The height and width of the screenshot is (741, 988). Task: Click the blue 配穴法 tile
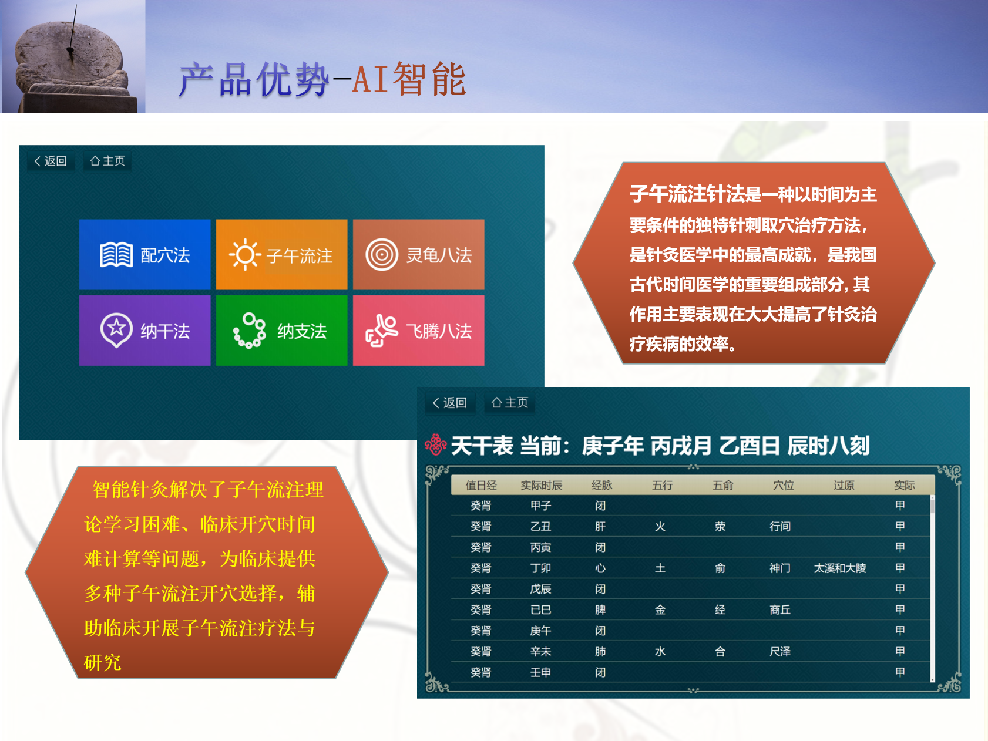(x=144, y=254)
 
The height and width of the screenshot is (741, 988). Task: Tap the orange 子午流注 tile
(x=281, y=254)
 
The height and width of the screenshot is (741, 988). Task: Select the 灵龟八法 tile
(x=418, y=254)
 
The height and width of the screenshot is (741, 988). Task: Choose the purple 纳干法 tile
(x=144, y=331)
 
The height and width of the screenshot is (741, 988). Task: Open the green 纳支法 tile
(x=281, y=331)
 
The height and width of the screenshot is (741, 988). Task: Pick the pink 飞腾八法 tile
(x=418, y=331)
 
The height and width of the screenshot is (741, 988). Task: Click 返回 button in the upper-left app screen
(x=51, y=161)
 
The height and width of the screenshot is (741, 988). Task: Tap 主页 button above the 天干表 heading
(x=509, y=403)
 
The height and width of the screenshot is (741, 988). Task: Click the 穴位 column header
(x=783, y=486)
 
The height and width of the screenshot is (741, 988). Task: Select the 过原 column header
(x=844, y=486)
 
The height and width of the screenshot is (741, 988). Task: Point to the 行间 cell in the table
(x=780, y=527)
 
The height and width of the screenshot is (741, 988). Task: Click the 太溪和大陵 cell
(x=840, y=568)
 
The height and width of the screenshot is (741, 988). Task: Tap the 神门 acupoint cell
(x=780, y=568)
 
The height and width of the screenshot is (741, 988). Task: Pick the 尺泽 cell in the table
(x=780, y=652)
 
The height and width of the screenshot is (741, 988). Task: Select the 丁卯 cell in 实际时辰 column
(x=540, y=568)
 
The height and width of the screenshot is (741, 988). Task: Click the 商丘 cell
(x=780, y=610)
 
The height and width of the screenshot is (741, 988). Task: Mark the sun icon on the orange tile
(x=245, y=255)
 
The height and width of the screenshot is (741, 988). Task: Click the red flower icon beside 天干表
(x=435, y=445)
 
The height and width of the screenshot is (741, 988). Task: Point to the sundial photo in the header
(x=73, y=56)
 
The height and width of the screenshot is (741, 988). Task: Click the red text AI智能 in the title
(x=409, y=79)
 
